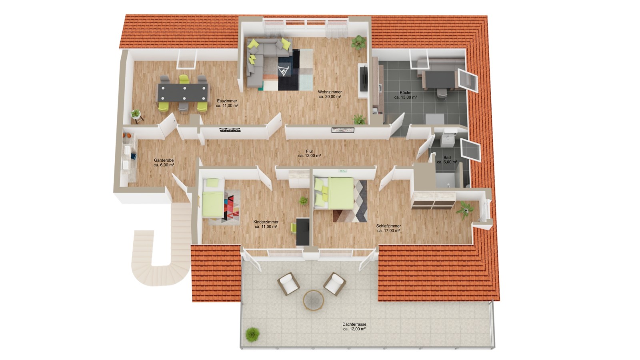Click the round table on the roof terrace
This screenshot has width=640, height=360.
pyautogui.click(x=314, y=300)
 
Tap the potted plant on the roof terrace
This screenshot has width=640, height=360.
pyautogui.click(x=252, y=334)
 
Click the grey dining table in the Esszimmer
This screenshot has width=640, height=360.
pyautogui.click(x=183, y=92)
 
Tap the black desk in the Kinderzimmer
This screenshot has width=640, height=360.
pyautogui.click(x=303, y=232)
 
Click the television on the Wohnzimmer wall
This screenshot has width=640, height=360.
pyautogui.click(x=364, y=79)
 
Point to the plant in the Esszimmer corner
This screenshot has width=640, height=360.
pyautogui.click(x=136, y=115)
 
